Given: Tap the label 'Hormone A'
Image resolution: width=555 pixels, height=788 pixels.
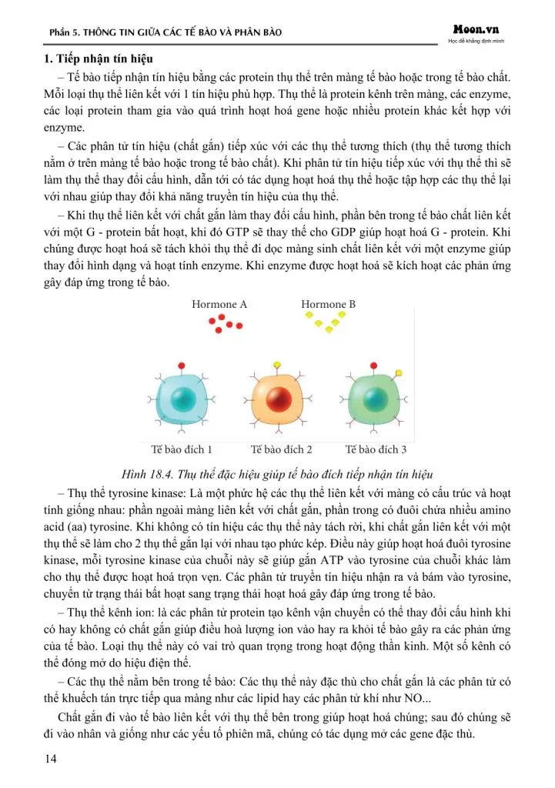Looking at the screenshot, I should point(219,305).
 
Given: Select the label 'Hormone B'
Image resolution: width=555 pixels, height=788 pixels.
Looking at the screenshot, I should point(328,305).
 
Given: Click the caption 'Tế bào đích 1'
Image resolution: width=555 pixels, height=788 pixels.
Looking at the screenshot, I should point(182,449).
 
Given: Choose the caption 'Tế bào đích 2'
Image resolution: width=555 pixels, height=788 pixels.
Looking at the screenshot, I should point(282,449).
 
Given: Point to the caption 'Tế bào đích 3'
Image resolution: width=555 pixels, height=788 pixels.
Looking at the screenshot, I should point(376,449).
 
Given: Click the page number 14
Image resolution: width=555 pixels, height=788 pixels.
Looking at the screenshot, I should point(51,760).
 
